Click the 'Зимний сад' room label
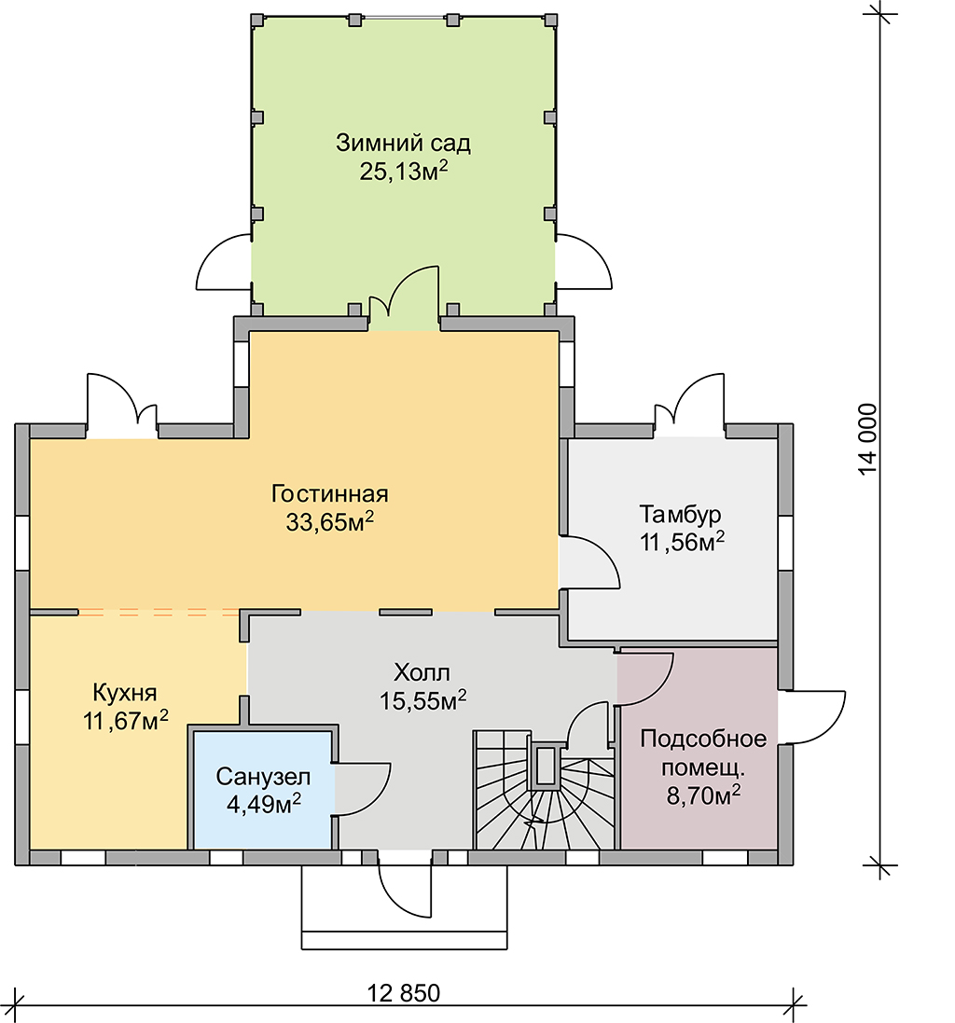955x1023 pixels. [x=403, y=143]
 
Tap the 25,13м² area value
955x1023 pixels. [x=404, y=171]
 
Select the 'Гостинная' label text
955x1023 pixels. [x=329, y=494]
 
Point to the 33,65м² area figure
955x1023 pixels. [x=329, y=522]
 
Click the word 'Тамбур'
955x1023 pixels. [x=681, y=514]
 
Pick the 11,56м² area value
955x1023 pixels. [x=682, y=542]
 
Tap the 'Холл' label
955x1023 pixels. [x=422, y=672]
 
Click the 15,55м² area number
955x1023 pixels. [x=422, y=700]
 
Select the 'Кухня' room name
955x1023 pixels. [x=125, y=692]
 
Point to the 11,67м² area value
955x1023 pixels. [x=125, y=721]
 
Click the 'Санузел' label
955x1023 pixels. [x=263, y=777]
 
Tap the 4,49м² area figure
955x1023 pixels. [x=264, y=805]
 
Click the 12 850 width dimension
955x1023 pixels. [x=404, y=994]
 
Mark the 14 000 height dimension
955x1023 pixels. [x=868, y=440]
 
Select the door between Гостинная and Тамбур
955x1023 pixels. [x=589, y=562]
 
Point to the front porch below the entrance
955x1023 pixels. [x=405, y=908]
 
